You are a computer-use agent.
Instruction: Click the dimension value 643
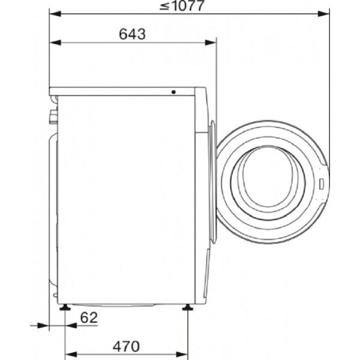pyautogui.click(x=132, y=34)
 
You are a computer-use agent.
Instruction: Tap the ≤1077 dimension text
pyautogui.click(x=182, y=5)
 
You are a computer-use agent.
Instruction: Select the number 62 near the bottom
pyautogui.click(x=89, y=318)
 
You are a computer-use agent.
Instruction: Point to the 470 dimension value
pyautogui.click(x=126, y=346)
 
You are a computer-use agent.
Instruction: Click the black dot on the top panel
pyautogui.click(x=173, y=92)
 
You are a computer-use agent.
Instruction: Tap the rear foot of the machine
pyautogui.click(x=65, y=307)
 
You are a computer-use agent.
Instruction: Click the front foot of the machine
pyautogui.click(x=188, y=307)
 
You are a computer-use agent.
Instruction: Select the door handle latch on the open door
pyautogui.click(x=322, y=184)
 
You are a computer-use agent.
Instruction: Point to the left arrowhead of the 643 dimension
pyautogui.click(x=55, y=43)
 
